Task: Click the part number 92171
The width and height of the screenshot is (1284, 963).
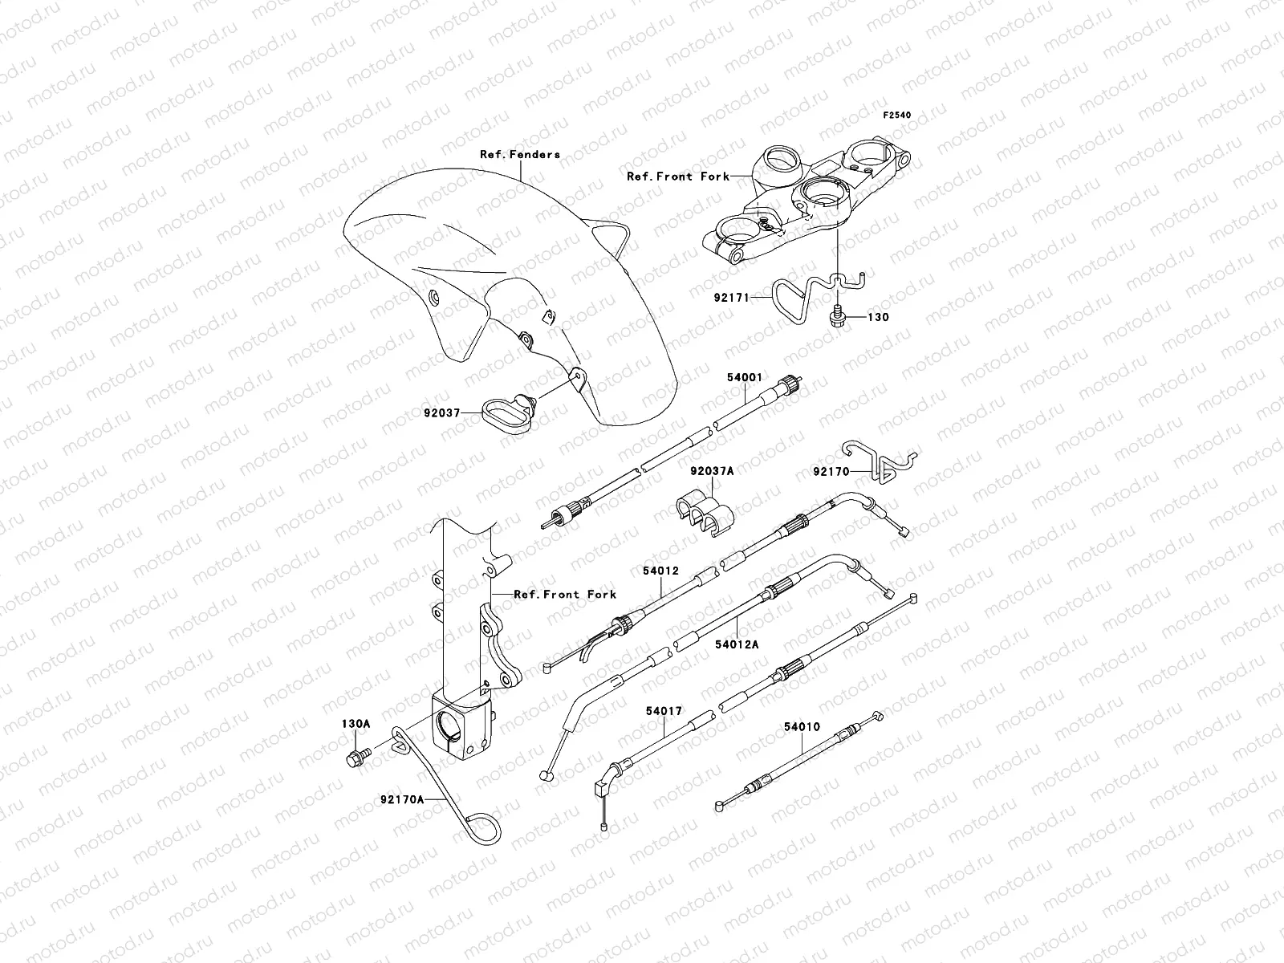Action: (731, 298)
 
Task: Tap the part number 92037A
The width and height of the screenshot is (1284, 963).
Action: (712, 472)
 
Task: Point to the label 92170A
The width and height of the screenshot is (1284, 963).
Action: (404, 799)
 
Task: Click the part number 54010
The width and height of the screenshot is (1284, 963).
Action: (802, 728)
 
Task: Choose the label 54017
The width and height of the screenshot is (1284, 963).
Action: (664, 710)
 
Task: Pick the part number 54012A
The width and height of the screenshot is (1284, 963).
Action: (737, 643)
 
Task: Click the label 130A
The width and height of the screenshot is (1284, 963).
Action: (356, 724)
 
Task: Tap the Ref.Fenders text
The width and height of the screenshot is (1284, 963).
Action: (531, 154)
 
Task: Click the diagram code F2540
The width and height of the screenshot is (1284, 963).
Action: (898, 116)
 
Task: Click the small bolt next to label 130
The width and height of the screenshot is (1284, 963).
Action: (836, 317)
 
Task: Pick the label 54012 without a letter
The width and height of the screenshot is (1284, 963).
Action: (660, 571)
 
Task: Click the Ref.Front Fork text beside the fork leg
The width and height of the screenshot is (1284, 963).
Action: (565, 594)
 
